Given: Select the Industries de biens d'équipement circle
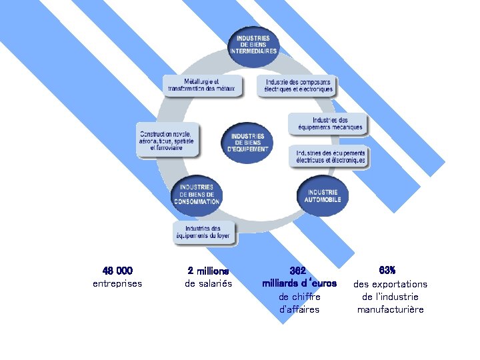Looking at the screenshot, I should coord(248,142).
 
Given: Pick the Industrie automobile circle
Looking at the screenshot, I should coord(323,195).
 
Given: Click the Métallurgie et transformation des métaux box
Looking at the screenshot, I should coord(200,85).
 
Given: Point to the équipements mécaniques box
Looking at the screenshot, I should coord(327,123).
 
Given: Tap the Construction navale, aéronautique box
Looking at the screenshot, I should coord(167,139).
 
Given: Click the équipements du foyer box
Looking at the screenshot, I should coord(203,231).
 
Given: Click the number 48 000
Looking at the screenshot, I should coord(118,271).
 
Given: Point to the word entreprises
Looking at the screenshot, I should coord(117,284).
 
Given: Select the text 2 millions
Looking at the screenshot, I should coord(208,271).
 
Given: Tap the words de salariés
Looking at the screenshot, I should coord(208,284).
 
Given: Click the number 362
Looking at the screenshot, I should coord(299,271).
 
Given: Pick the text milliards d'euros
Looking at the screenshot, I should coord(299,283).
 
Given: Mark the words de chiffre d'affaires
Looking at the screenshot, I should coord(299,303).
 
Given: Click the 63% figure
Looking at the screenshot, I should coord(387,270).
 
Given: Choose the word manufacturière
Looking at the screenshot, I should coord(390,309).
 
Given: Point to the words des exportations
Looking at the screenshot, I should coord(390,284).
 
